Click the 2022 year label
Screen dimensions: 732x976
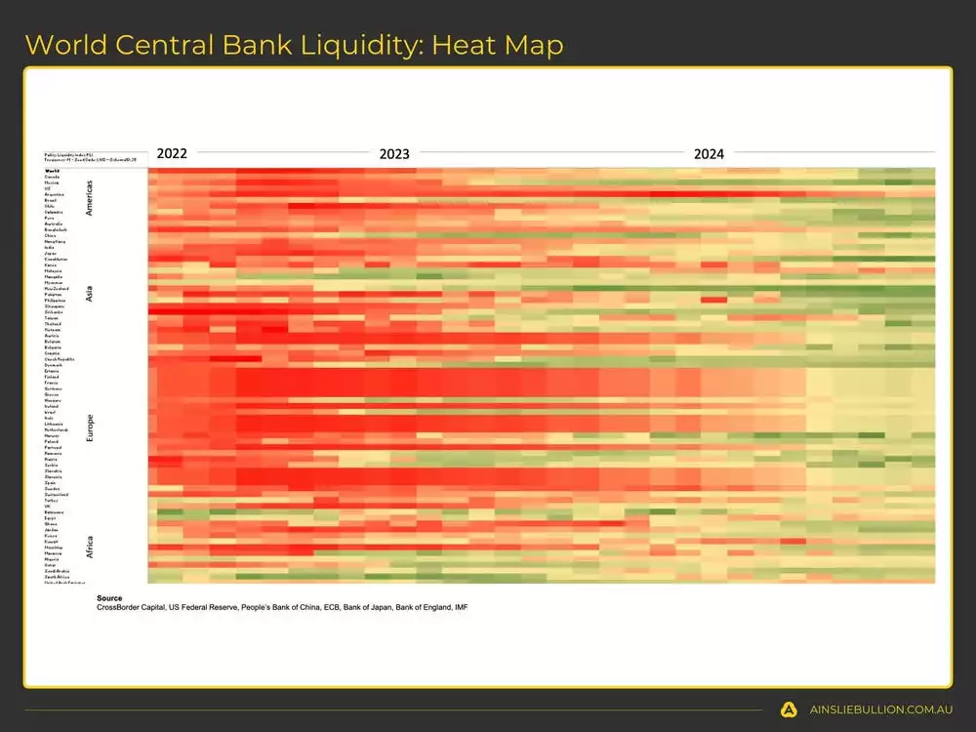172,153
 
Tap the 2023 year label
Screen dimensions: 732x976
394,153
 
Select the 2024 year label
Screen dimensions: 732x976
709,153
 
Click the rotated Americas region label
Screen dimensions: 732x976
90,197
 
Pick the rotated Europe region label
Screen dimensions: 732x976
90,427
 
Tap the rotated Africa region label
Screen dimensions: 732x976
90,545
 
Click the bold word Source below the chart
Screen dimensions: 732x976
109,597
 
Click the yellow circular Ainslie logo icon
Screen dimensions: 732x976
789,710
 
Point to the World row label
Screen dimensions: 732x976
52,171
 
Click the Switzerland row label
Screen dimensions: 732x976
56,495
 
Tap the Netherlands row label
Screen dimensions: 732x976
56,429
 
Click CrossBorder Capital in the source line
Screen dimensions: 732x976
130,607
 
